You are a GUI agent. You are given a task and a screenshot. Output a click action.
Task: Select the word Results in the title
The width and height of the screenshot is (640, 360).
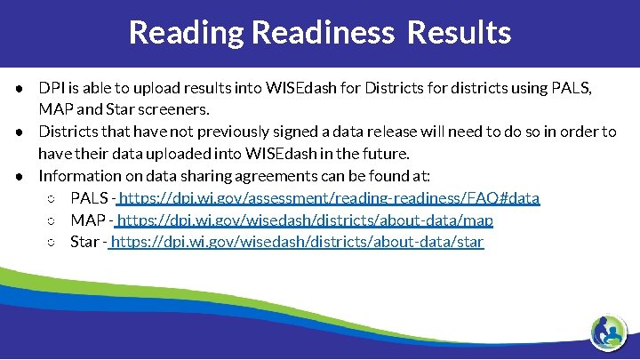459,32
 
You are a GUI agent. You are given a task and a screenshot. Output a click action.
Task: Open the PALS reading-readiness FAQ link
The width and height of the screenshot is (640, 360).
328,197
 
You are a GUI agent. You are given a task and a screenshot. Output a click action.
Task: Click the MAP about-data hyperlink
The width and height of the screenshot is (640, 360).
305,220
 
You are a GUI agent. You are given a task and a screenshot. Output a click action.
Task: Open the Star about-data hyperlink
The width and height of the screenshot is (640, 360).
297,242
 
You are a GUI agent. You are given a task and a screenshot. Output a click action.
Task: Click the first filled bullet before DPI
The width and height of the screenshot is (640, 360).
19,89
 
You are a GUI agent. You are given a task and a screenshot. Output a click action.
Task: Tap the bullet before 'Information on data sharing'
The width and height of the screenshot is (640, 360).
19,176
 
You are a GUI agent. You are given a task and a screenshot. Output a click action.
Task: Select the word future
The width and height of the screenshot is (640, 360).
384,154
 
